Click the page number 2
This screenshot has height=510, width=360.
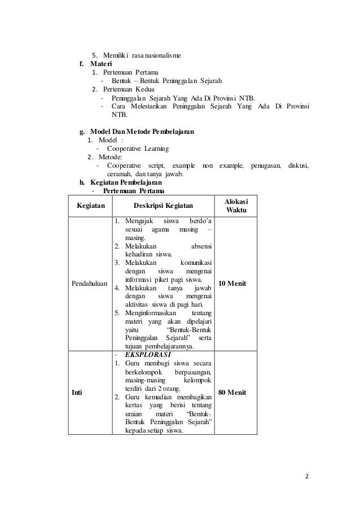307,476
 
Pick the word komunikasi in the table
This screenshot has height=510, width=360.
195,263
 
